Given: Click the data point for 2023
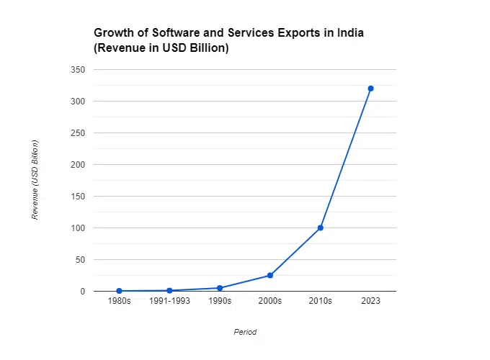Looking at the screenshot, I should (370, 89).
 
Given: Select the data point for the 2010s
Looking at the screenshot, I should (320, 228).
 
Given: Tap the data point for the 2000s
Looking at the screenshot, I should (270, 275).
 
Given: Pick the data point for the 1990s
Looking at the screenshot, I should (220, 288).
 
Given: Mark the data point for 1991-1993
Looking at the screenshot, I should (169, 290).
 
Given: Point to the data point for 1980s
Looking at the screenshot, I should (119, 291).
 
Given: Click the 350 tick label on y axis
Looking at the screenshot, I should (78, 70).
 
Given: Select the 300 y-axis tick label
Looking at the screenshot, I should (78, 102).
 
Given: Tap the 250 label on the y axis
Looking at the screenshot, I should (78, 133).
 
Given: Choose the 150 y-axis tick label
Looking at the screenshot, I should (78, 197).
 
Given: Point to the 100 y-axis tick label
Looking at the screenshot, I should (78, 228).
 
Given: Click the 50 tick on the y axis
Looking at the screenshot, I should (80, 260).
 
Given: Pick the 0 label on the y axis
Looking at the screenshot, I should (83, 292).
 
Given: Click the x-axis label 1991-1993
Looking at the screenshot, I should (169, 302).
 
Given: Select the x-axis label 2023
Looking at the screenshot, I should (370, 302).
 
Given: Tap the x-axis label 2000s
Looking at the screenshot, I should (270, 302).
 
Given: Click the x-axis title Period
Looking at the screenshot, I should (245, 332).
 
